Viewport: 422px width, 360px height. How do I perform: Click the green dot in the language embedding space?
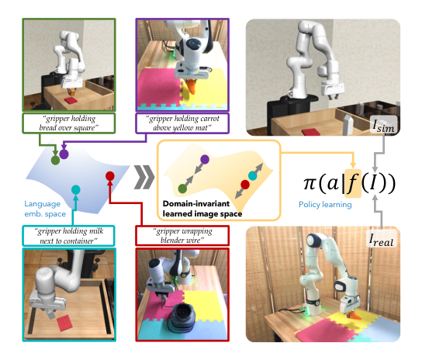[55, 160]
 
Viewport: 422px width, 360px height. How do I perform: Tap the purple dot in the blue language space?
[64, 154]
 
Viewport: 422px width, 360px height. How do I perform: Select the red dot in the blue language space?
[110, 176]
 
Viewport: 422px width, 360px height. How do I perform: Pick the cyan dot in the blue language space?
[76, 190]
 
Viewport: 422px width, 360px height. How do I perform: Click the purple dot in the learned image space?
[205, 159]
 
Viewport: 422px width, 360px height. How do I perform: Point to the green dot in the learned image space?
[182, 189]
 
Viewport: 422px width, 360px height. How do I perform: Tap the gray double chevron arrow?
[144, 177]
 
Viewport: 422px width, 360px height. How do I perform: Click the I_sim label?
[384, 125]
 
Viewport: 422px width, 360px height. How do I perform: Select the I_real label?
[381, 240]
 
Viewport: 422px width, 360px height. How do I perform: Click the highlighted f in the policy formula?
[352, 183]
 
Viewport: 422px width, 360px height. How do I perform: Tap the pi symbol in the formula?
[310, 183]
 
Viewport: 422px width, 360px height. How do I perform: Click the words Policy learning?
[325, 205]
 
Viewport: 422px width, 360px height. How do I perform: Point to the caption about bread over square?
[68, 123]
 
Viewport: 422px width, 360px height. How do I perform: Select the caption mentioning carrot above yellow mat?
[182, 123]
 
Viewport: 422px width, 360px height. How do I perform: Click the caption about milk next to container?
[68, 236]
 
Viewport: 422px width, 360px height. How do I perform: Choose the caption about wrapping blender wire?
[182, 236]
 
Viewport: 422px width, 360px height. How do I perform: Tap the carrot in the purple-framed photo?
[191, 86]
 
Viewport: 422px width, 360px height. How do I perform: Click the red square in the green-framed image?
[71, 100]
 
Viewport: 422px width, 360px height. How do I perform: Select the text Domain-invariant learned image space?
[202, 209]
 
